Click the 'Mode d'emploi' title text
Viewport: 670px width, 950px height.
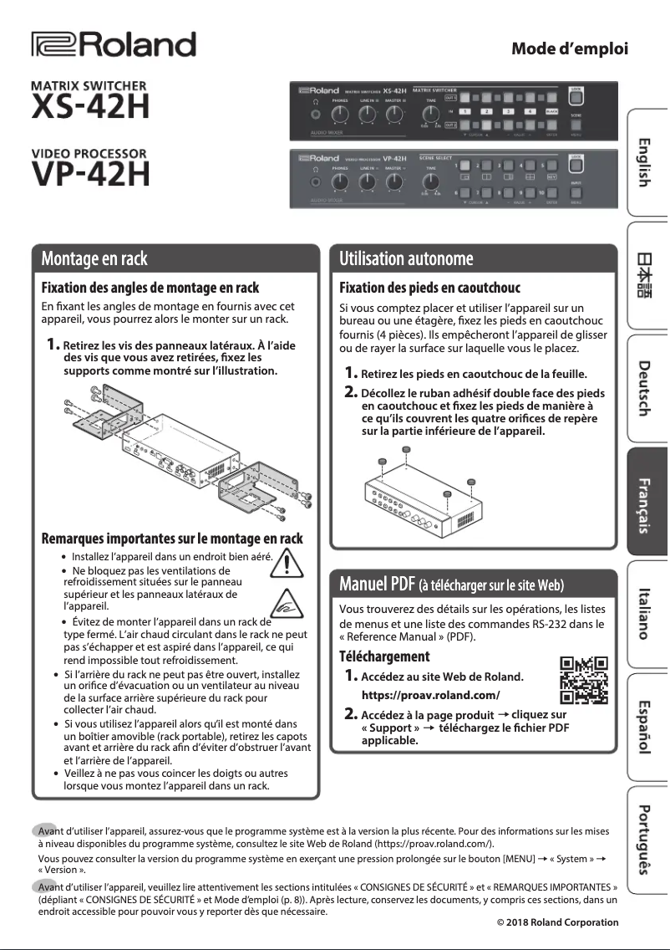pyautogui.click(x=569, y=49)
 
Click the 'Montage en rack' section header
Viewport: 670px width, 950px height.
pyautogui.click(x=94, y=258)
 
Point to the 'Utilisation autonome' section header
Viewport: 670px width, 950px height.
pyautogui.click(x=406, y=258)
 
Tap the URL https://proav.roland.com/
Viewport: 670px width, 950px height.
pyautogui.click(x=430, y=695)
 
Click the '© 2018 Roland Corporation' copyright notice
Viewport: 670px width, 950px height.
pyautogui.click(x=557, y=922)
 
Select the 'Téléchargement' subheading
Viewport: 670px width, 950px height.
pyautogui.click(x=384, y=656)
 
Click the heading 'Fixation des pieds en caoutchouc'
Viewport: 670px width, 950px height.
pyautogui.click(x=429, y=288)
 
